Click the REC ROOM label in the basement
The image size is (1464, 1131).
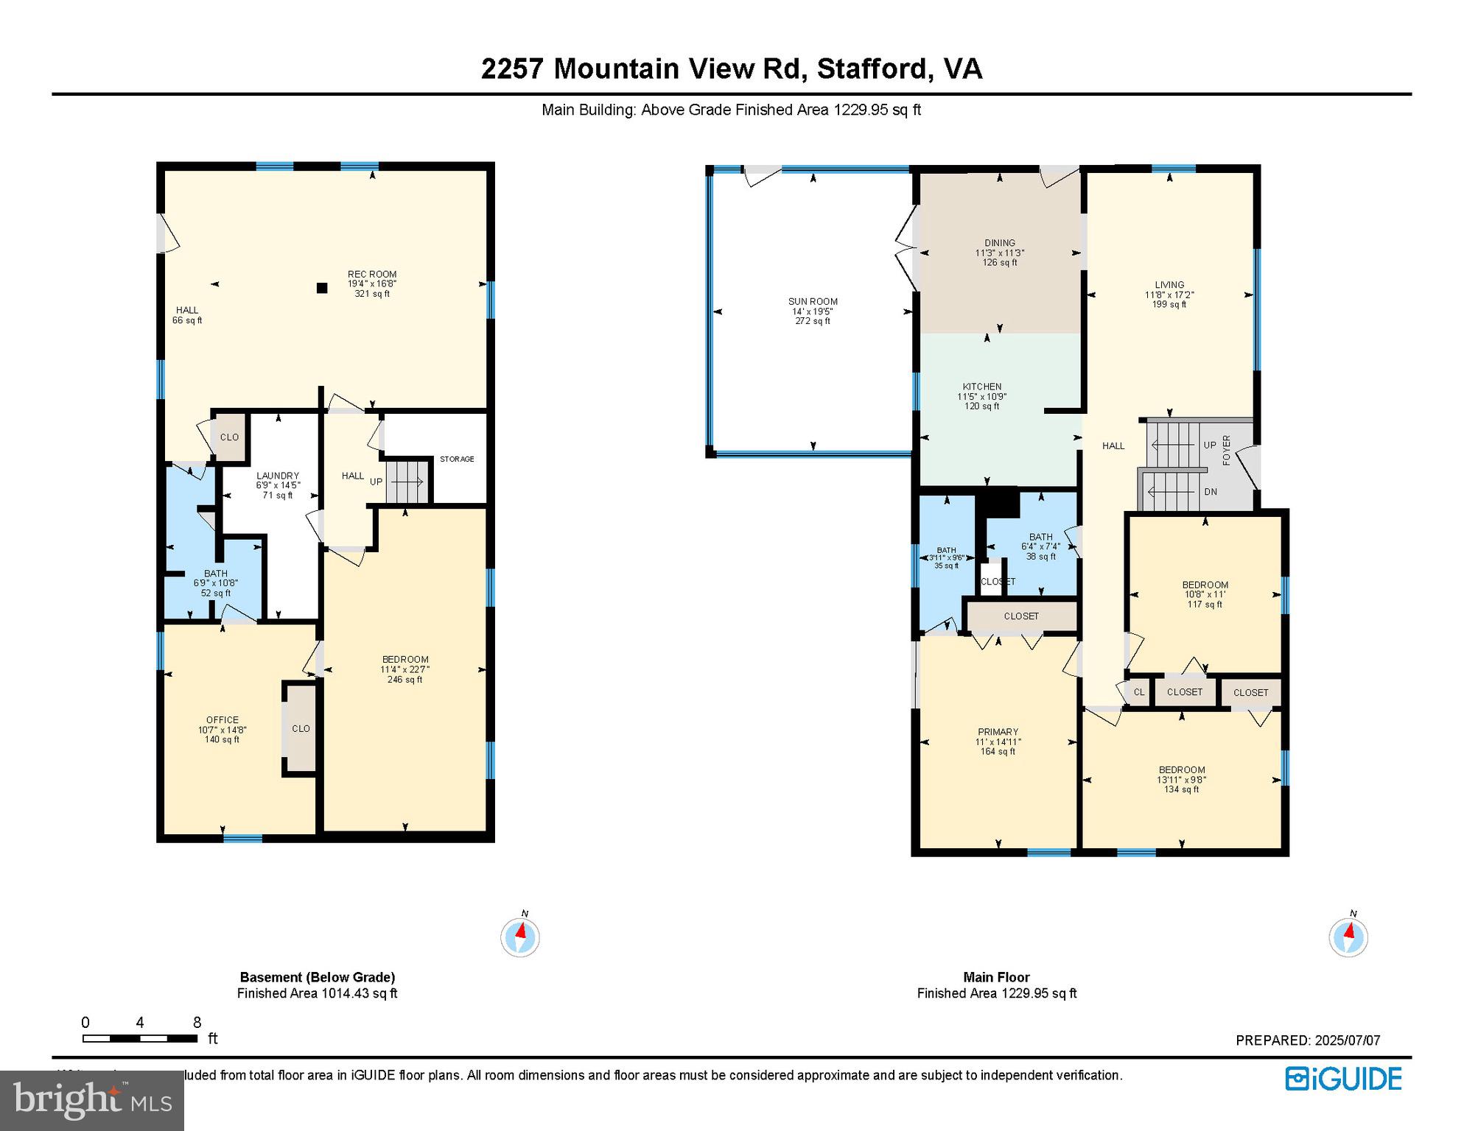(x=372, y=275)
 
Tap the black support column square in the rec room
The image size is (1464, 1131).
(x=322, y=288)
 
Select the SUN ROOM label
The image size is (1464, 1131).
(x=813, y=301)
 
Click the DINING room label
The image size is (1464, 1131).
(x=1000, y=243)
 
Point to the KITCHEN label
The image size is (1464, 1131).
(x=982, y=387)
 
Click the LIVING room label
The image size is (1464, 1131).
(x=1169, y=285)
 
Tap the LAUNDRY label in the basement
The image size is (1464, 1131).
(x=278, y=476)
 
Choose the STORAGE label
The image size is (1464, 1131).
(x=457, y=459)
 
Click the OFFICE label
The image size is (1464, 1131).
(x=223, y=720)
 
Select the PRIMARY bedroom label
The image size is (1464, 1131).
(x=998, y=732)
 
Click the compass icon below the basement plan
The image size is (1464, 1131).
(x=520, y=937)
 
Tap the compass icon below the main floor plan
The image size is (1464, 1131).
(x=1348, y=937)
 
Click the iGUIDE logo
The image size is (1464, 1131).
(x=1344, y=1079)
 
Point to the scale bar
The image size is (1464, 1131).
(x=140, y=1039)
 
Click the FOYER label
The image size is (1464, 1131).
(x=1227, y=450)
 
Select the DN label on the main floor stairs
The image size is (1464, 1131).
(x=1211, y=492)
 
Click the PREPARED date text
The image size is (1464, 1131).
(x=1308, y=1040)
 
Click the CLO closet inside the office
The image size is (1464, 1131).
(x=301, y=728)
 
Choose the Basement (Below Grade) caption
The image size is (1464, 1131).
(x=318, y=977)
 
